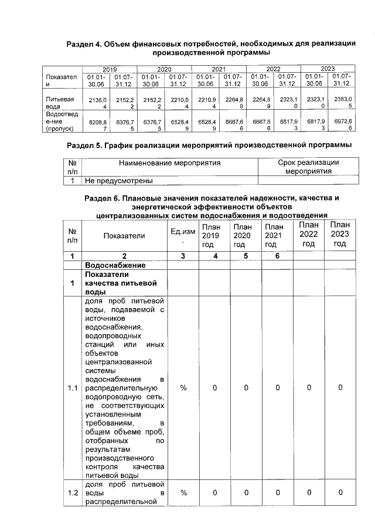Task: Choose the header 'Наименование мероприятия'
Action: point(170,162)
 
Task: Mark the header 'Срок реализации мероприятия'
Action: point(308,166)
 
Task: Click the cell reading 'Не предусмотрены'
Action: point(119,181)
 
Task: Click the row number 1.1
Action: point(72,388)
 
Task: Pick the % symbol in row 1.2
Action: point(183,492)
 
